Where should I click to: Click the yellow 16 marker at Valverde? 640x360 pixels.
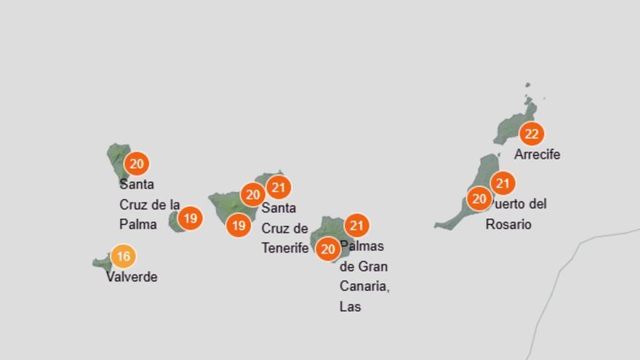[124, 256]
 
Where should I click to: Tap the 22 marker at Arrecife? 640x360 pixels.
[532, 134]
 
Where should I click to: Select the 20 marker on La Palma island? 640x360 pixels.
[136, 164]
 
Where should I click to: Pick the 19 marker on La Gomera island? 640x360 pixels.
[190, 217]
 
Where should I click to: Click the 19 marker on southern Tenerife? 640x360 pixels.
[239, 225]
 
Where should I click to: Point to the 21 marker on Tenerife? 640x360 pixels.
[279, 188]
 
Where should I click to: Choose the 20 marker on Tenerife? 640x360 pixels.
[252, 195]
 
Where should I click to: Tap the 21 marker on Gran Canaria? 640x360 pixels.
[356, 225]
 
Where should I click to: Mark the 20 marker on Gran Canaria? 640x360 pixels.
[328, 249]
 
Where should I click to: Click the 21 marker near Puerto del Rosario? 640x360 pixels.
[503, 183]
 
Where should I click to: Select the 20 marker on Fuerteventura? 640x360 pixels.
[479, 199]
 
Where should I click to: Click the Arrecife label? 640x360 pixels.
[537, 155]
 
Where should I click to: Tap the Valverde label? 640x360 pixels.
[132, 277]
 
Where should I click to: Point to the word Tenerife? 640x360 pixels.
[285, 248]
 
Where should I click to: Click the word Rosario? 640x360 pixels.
[508, 225]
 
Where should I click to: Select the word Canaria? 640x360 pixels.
[364, 287]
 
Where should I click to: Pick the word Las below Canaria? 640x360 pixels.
[350, 307]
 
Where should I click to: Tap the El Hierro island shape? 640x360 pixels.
[102, 262]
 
